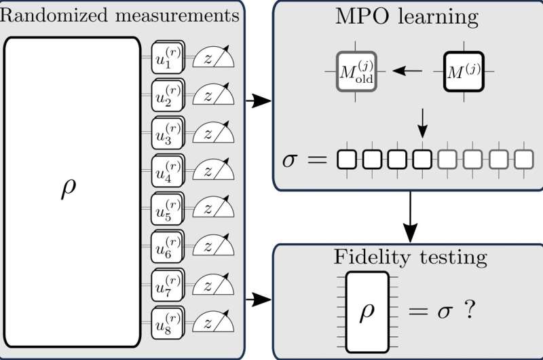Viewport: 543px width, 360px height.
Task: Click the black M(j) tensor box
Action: [464, 71]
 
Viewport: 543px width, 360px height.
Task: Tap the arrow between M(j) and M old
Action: [409, 71]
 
